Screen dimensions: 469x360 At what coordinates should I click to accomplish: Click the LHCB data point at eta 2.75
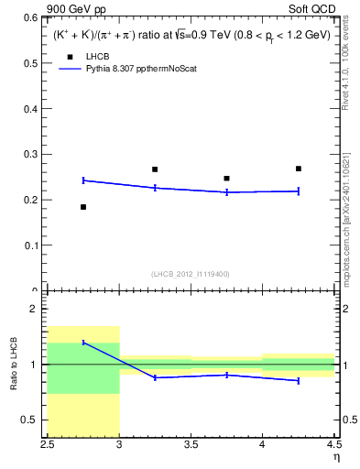pyautogui.click(x=83, y=207)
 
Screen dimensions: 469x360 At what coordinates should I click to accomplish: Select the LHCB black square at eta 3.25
pyautogui.click(x=155, y=169)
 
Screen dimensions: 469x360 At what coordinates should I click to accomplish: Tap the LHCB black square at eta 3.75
pyautogui.click(x=226, y=179)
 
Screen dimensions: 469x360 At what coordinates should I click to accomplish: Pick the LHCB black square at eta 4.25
pyautogui.click(x=299, y=169)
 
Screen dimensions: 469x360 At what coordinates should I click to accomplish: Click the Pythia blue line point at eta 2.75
pyautogui.click(x=83, y=180)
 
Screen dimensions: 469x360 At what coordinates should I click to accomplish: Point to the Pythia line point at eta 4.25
pyautogui.click(x=299, y=191)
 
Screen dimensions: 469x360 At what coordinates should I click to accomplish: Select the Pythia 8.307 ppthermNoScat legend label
pyautogui.click(x=143, y=69)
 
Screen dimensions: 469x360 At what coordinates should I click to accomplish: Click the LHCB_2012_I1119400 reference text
pyautogui.click(x=191, y=274)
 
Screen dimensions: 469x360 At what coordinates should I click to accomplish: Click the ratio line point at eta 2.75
pyautogui.click(x=83, y=343)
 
